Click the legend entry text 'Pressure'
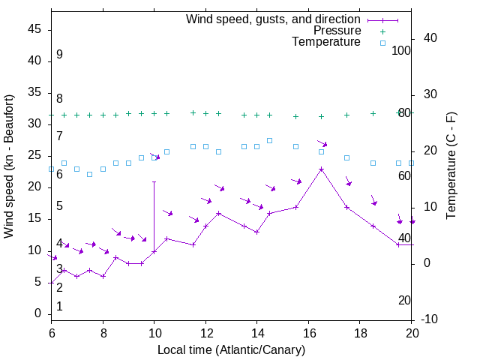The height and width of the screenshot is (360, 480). click(x=337, y=31)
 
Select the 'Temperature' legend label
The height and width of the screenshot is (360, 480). click(x=326, y=43)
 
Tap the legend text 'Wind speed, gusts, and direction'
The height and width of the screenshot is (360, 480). click(x=274, y=19)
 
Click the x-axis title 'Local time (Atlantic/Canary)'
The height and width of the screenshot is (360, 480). click(x=231, y=350)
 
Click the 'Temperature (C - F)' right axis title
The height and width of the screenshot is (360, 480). click(x=451, y=166)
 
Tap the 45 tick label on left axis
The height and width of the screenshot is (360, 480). click(x=34, y=29)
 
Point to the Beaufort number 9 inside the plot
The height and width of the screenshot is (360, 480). click(x=59, y=55)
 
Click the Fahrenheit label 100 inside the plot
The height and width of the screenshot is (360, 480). click(x=402, y=50)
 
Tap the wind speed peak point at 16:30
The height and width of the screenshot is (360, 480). click(x=321, y=169)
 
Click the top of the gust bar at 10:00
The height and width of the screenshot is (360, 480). click(x=154, y=181)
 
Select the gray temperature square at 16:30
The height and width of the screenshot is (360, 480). click(x=321, y=151)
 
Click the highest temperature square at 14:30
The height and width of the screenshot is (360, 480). click(x=270, y=140)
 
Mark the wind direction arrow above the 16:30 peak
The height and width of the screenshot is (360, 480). click(x=322, y=142)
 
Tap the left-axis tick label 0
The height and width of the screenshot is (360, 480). click(x=38, y=314)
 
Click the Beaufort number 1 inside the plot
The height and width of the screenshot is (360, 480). click(x=59, y=306)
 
